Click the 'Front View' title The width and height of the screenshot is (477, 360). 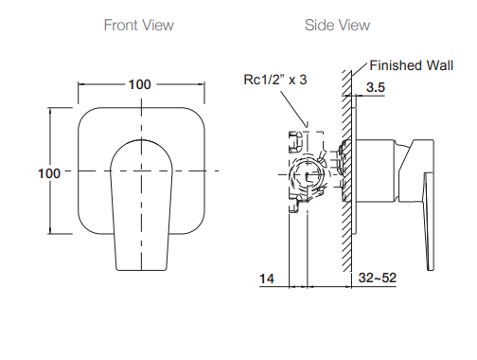[139, 25]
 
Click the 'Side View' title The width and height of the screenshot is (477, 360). [337, 25]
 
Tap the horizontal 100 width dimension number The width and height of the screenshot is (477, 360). [139, 84]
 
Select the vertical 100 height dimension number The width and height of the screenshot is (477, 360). [49, 173]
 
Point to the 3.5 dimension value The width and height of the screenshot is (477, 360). [376, 87]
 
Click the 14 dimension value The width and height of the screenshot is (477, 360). [267, 279]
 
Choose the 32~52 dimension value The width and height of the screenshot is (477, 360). [378, 278]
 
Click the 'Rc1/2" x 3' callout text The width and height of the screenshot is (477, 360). [275, 80]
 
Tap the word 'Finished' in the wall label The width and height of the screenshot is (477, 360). [396, 65]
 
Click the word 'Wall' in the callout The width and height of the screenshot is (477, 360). [440, 65]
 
